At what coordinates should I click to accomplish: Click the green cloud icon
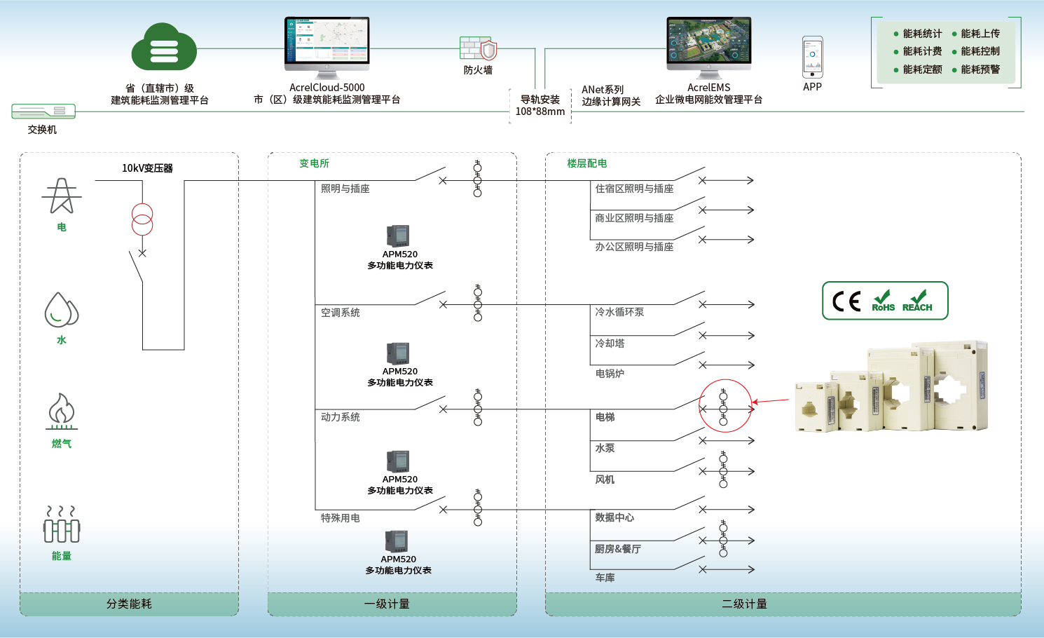pos(164,48)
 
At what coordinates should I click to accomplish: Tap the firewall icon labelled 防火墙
pos(479,48)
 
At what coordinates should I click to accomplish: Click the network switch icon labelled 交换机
pos(43,111)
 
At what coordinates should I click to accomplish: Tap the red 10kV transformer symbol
pos(142,219)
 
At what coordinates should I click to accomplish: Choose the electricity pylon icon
pos(62,196)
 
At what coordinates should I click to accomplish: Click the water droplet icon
pos(61,310)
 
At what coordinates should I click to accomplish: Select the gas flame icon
pos(62,410)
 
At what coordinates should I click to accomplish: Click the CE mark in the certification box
pos(846,301)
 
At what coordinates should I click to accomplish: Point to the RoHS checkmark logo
pos(884,301)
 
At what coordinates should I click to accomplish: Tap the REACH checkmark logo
pos(917,301)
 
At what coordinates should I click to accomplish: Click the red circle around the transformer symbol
pos(725,406)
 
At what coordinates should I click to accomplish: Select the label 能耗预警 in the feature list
pos(980,69)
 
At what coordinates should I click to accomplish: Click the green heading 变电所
pos(314,163)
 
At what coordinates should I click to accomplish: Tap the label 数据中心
pos(614,517)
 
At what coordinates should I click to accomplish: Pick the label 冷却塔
pos(610,344)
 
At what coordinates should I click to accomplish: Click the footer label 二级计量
pos(744,604)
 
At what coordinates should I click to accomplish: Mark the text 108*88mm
pos(540,111)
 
